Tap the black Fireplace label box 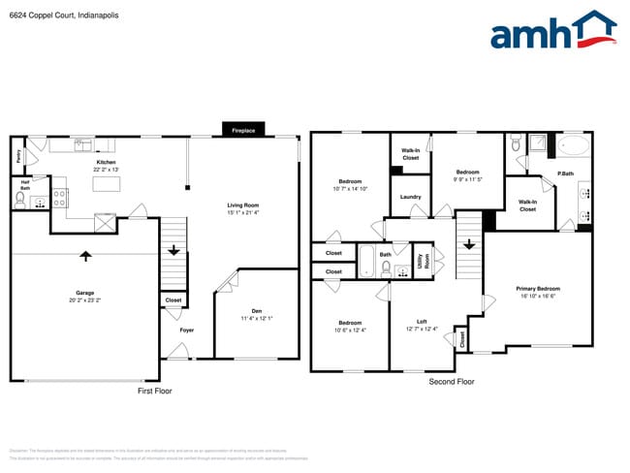click(x=243, y=130)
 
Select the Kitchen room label click(x=107, y=162)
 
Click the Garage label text click(x=85, y=292)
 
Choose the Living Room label click(x=243, y=205)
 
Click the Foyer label click(x=186, y=330)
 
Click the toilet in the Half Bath click(x=20, y=201)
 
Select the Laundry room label click(x=410, y=197)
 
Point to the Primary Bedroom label click(x=538, y=288)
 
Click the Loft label click(x=422, y=322)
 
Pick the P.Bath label click(x=565, y=173)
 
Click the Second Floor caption click(x=452, y=382)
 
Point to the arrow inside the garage click(x=85, y=256)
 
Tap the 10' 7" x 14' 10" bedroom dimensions click(x=351, y=189)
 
